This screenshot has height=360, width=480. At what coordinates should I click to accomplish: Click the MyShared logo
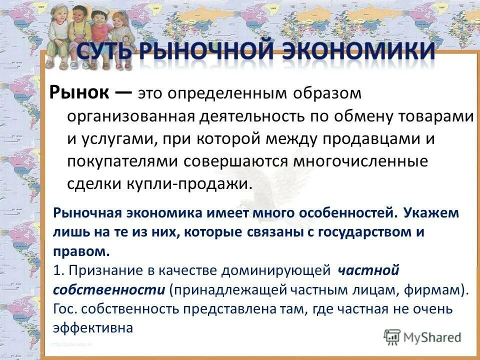(x=422, y=337)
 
